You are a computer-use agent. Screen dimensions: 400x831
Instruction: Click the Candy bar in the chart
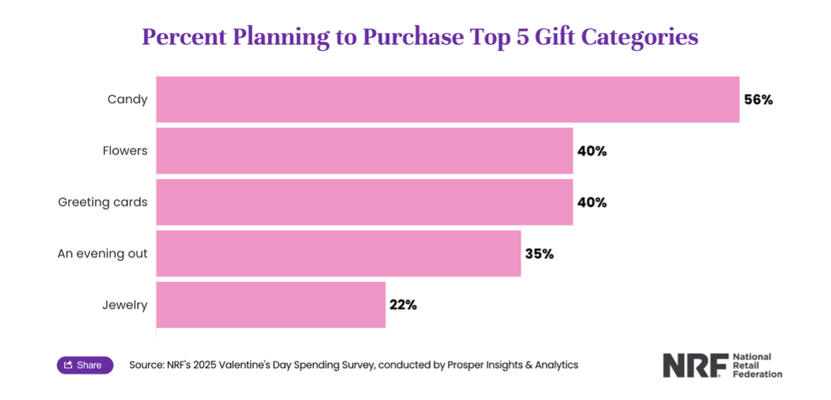[x=448, y=100]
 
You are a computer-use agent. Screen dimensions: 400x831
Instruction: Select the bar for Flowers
[x=364, y=151]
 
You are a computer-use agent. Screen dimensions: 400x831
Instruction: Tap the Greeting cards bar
[x=364, y=202]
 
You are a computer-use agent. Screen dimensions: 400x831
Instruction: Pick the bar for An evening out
[x=338, y=254]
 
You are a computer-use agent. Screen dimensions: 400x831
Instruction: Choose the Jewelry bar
[x=271, y=305]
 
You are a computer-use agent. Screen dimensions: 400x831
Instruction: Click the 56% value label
[x=758, y=100]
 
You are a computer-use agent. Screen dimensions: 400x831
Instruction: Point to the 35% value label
[x=539, y=254]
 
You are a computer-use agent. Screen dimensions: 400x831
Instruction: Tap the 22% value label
[x=403, y=305]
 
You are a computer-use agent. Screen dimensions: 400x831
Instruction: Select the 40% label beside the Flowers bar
[x=592, y=151]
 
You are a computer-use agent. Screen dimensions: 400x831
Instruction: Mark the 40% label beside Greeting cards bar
[x=592, y=203]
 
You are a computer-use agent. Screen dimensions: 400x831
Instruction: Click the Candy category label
[x=127, y=100]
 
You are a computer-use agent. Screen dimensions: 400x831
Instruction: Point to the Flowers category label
[x=125, y=151]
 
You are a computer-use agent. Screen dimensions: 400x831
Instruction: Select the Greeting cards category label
[x=102, y=202]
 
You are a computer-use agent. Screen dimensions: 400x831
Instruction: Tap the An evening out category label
[x=102, y=254]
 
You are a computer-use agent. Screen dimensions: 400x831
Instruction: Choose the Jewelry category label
[x=125, y=305]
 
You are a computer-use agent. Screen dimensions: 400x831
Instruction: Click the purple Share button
[x=85, y=365]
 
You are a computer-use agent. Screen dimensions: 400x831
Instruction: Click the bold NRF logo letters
[x=695, y=366]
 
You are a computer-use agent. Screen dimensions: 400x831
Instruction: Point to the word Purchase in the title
[x=412, y=37]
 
